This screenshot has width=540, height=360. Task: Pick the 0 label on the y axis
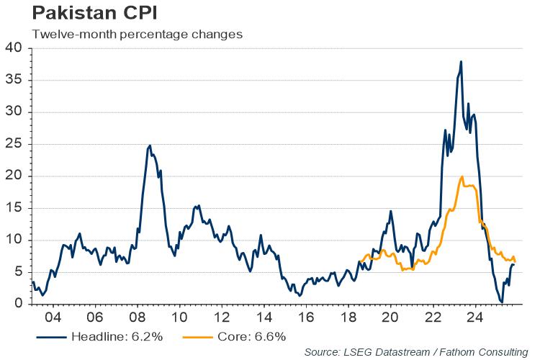(x=19, y=304)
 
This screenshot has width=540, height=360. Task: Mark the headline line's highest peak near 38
(x=461, y=62)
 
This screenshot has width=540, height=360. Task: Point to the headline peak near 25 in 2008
(x=150, y=145)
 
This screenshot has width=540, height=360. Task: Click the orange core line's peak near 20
(x=462, y=176)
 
